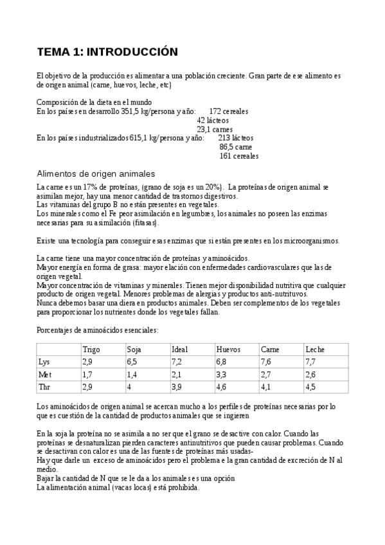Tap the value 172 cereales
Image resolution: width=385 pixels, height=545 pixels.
[x=229, y=111]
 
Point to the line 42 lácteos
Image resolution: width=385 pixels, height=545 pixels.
[x=213, y=120]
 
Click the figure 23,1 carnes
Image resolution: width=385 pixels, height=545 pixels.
[x=215, y=129]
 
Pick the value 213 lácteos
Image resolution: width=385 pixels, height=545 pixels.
[x=236, y=138]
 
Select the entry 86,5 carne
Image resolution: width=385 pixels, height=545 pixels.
[x=236, y=147]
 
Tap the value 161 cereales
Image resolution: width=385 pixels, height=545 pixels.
[x=238, y=156]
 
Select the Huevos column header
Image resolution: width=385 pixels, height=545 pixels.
[x=228, y=349]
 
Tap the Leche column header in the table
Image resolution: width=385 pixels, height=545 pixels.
[x=315, y=349]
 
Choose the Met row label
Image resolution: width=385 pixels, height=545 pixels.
[x=44, y=374]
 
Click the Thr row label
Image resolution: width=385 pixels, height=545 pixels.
[x=44, y=387]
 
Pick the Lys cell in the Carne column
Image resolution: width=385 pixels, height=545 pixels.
[x=266, y=362]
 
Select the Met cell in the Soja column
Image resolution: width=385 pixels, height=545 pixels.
[x=132, y=374]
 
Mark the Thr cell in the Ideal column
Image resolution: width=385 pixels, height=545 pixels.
[x=177, y=387]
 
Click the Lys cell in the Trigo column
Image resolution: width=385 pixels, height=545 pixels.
[x=87, y=362]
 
